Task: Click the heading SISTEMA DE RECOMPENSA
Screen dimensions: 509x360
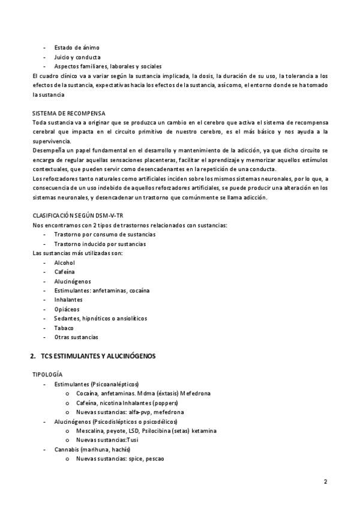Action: (68, 113)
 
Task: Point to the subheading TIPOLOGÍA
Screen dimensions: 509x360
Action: (47, 375)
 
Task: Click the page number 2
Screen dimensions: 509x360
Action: (325, 481)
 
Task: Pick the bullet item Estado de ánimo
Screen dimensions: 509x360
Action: (77, 47)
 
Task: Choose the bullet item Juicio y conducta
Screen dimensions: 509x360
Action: (77, 57)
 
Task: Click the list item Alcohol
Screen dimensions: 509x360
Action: (64, 262)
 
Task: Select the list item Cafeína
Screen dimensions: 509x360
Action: (64, 272)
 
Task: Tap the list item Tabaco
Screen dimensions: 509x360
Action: (64, 328)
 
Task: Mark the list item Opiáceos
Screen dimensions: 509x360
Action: (66, 309)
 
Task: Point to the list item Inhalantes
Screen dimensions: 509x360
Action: (67, 300)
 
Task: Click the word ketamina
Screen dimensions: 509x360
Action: (204, 430)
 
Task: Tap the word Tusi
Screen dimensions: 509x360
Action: (145, 440)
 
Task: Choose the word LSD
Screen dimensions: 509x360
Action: (133, 430)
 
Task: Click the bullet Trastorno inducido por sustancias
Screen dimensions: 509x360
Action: (100, 244)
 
